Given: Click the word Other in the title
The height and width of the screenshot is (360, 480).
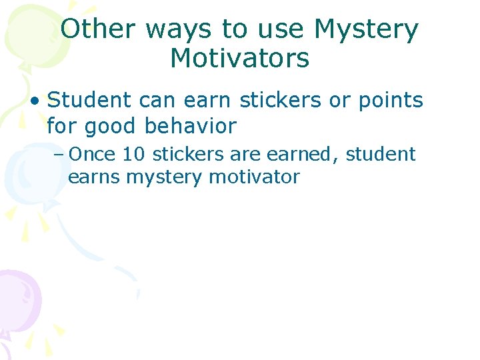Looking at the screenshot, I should (98, 29).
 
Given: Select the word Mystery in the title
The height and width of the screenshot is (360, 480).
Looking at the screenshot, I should (367, 29).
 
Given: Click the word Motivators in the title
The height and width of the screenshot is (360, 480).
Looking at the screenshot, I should (240, 59).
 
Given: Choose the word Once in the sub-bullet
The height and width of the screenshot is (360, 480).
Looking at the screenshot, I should (92, 155).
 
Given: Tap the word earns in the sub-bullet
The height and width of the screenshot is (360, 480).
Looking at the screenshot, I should (94, 177).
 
